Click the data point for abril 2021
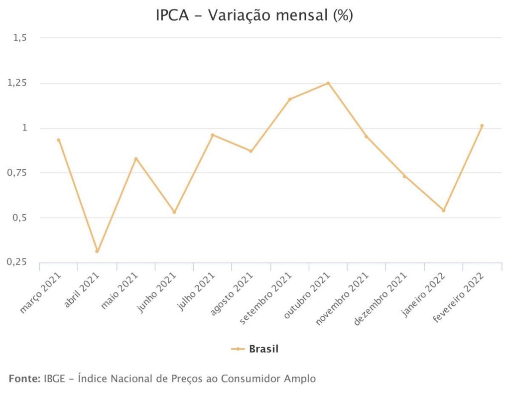pyautogui.click(x=97, y=251)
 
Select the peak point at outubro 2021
pyautogui.click(x=328, y=83)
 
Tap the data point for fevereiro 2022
pyautogui.click(x=482, y=126)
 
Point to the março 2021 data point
pyautogui.click(x=59, y=140)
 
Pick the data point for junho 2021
pyautogui.click(x=174, y=212)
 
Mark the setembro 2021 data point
pyautogui.click(x=289, y=99)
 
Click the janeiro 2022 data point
pyautogui.click(x=443, y=210)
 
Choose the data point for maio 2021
pyautogui.click(x=136, y=159)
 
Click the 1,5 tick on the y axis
pyautogui.click(x=20, y=38)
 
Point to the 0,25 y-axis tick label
pyautogui.click(x=16, y=262)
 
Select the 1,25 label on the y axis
pyautogui.click(x=17, y=83)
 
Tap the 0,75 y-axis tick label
pyautogui.click(x=16, y=172)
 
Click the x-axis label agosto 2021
pyautogui.click(x=232, y=293)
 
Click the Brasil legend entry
pyautogui.click(x=255, y=349)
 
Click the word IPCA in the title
pyautogui.click(x=172, y=15)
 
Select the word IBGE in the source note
pyautogui.click(x=54, y=379)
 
